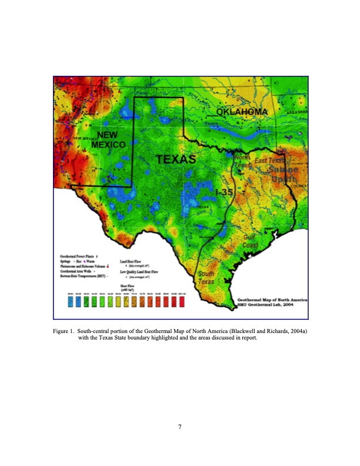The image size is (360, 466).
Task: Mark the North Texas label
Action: [242, 162]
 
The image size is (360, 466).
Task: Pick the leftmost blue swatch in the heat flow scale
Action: [71, 302]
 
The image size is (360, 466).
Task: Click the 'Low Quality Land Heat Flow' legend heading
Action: [144, 272]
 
